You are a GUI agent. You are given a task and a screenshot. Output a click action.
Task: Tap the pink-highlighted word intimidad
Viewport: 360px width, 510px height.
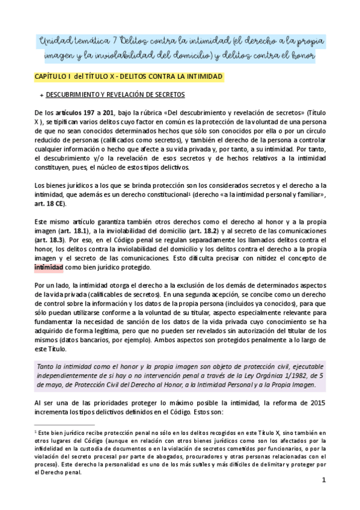coord(53,266)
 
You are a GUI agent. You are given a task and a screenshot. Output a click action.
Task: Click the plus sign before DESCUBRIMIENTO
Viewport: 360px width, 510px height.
coord(41,95)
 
